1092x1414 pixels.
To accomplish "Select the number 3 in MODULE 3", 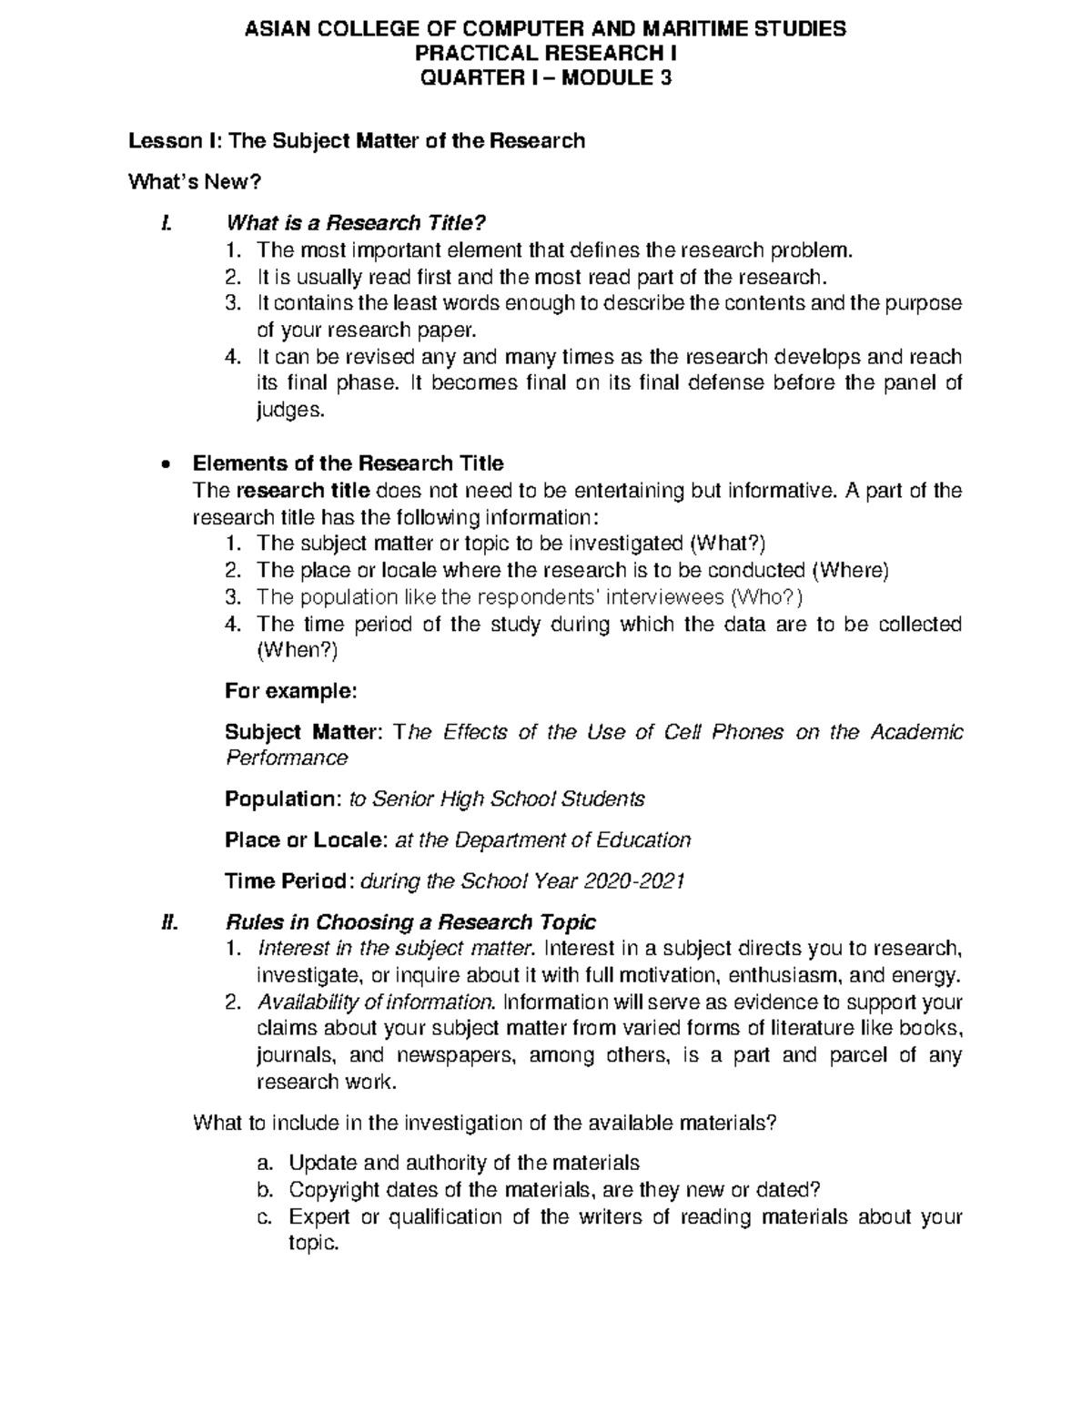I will [666, 78].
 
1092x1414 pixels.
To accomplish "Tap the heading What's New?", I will [196, 182].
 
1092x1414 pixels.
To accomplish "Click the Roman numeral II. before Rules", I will [167, 921].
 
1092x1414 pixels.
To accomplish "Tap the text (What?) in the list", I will [728, 544].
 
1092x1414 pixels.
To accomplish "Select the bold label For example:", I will [291, 691].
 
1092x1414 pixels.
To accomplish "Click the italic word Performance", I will [286, 758].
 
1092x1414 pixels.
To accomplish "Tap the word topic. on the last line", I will [313, 1244].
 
